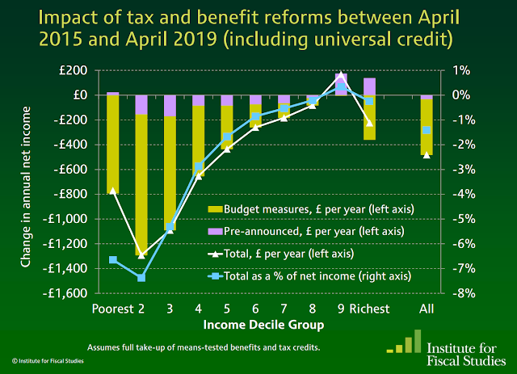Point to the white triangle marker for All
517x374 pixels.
[426, 154]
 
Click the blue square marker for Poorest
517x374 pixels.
[113, 260]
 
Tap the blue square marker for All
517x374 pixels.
[426, 130]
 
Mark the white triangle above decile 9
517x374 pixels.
[341, 74]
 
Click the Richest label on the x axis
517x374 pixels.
[369, 309]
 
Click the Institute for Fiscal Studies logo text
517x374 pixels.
[467, 342]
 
